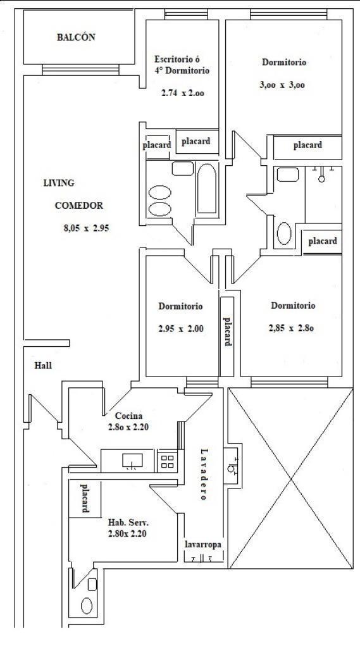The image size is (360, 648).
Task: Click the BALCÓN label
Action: point(76,37)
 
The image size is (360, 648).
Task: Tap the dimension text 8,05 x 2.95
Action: point(82,229)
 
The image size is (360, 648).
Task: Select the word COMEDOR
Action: point(78,206)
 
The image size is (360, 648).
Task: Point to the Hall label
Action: point(43,366)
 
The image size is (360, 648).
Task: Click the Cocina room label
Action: point(128,416)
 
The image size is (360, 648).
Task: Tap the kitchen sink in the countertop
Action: point(132,461)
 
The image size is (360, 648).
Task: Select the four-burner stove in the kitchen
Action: point(167,461)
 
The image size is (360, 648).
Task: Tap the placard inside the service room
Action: point(84,499)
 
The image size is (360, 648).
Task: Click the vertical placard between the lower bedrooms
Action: point(226,332)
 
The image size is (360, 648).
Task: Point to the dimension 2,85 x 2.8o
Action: point(292,328)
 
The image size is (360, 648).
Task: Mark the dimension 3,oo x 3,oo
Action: point(282,85)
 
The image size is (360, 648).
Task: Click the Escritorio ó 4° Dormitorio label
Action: point(182,65)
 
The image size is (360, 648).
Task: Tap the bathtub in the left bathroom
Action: point(206,190)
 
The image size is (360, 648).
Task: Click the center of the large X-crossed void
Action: point(291,479)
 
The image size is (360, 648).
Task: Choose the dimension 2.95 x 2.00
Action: point(180,328)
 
